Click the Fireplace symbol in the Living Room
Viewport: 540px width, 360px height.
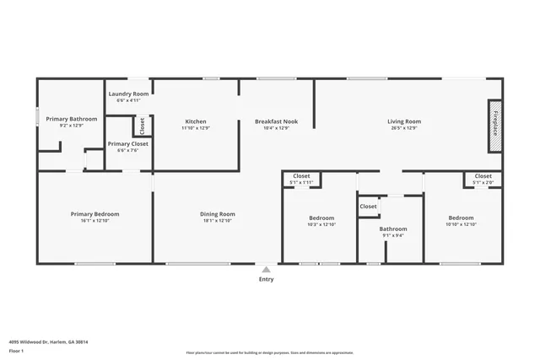(494, 126)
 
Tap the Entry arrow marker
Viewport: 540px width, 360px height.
(266, 270)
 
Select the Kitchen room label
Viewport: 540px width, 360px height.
(196, 121)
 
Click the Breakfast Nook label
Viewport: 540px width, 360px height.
(276, 121)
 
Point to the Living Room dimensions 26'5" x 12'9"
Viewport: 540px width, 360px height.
(404, 129)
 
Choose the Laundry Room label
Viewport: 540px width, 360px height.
(128, 94)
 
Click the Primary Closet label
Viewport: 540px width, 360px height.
(127, 143)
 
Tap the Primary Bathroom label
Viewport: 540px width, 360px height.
(72, 119)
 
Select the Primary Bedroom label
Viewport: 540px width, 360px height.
(94, 214)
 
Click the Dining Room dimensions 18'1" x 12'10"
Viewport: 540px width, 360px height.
(217, 221)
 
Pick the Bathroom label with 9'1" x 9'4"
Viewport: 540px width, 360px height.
(393, 228)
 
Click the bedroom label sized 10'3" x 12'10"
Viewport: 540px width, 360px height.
(321, 218)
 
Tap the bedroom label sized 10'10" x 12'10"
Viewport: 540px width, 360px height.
(461, 218)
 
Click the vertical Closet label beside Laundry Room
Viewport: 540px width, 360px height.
(142, 126)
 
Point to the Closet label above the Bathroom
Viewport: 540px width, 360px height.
(368, 206)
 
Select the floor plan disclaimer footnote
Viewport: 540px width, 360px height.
(269, 352)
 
